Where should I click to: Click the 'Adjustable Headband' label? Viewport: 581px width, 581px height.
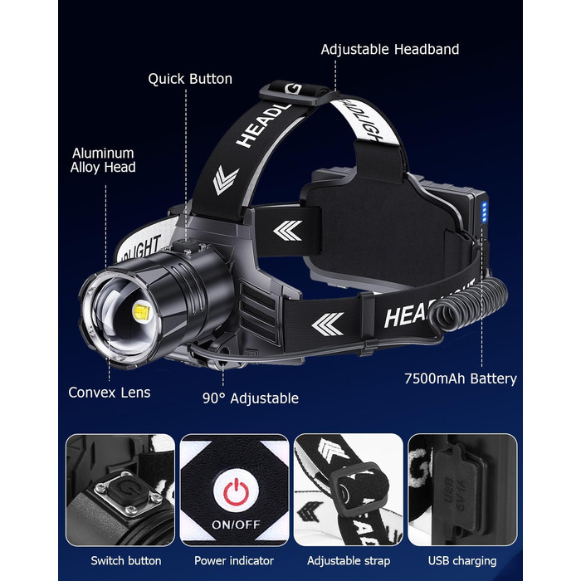(390, 50)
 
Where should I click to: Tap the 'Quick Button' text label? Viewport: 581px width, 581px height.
(190, 79)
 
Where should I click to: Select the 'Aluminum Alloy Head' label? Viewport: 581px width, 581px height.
(103, 160)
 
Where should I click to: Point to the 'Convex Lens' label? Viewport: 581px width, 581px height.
(110, 393)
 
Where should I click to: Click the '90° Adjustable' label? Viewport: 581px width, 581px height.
(251, 398)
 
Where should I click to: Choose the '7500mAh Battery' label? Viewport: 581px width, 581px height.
(461, 378)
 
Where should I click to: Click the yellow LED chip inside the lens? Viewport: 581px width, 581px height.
(141, 312)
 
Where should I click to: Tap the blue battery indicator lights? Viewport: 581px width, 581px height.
(484, 212)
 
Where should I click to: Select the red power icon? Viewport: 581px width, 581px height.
(236, 492)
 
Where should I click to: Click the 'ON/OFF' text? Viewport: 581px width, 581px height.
(236, 525)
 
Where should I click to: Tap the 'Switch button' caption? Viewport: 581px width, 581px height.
(126, 560)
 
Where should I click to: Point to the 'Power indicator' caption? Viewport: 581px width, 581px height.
(234, 560)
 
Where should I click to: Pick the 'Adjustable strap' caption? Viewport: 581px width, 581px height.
(349, 560)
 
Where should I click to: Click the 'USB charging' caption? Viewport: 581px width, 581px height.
(462, 560)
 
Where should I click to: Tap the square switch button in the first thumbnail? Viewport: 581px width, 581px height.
(129, 493)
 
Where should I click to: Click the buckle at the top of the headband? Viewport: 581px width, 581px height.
(295, 93)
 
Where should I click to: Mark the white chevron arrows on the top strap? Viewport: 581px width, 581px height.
(225, 179)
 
